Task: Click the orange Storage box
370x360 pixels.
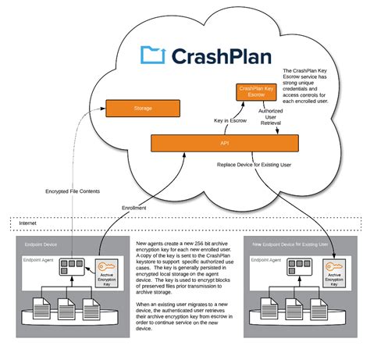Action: [142, 109]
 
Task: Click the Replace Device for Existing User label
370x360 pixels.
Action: [254, 165]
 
